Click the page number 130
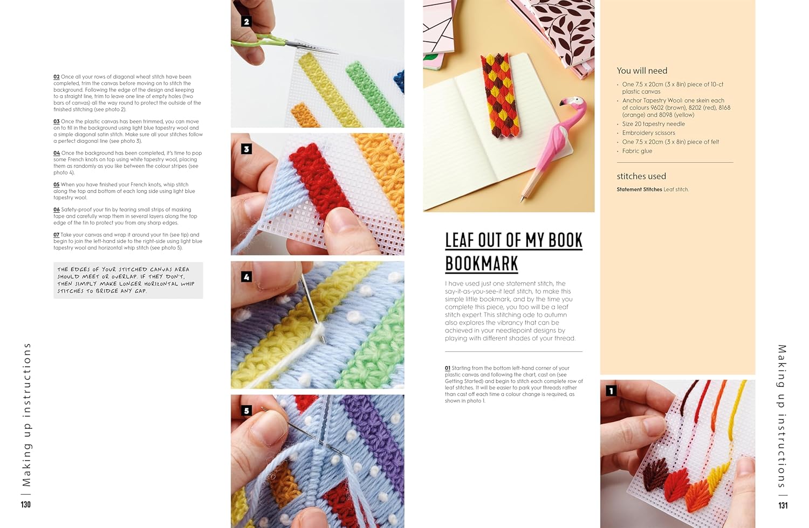26,505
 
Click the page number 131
783,505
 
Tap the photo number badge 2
246,22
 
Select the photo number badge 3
246,149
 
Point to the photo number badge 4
246,277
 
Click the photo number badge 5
246,411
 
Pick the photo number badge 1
611,391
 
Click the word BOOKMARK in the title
481,263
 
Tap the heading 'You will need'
642,71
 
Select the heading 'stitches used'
641,176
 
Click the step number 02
56,77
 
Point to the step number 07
56,235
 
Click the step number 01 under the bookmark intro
448,369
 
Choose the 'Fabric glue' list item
637,151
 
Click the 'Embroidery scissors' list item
648,133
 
